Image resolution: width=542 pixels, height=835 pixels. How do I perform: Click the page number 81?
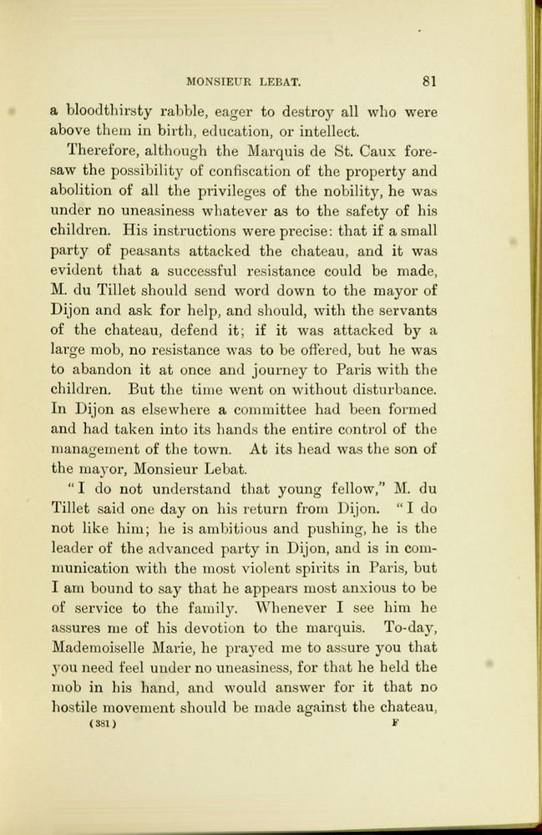(x=430, y=82)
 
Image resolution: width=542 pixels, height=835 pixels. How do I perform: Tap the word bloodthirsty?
(x=110, y=111)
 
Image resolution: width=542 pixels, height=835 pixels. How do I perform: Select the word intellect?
(x=325, y=131)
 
